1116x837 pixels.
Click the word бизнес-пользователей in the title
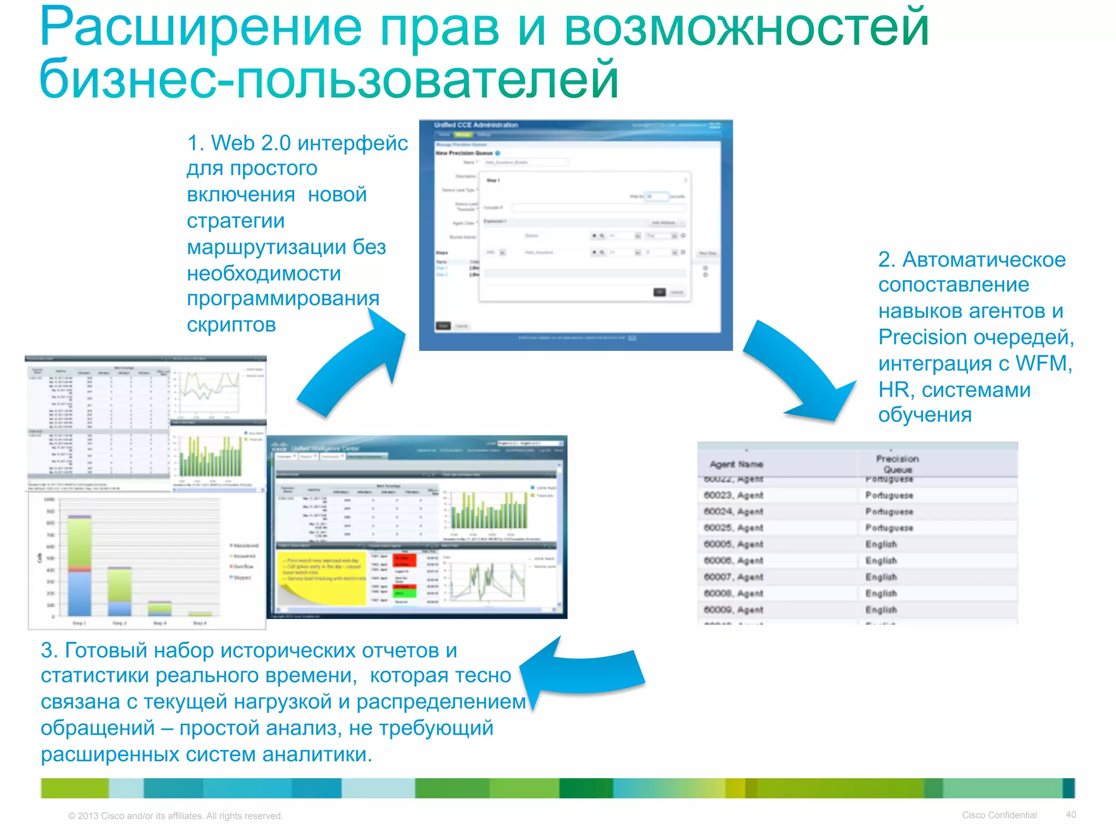click(x=329, y=80)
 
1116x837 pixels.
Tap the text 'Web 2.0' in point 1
click(x=251, y=143)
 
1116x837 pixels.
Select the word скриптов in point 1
click(x=231, y=325)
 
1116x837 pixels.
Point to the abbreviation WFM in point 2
click(x=1044, y=363)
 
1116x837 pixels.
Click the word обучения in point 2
click(x=925, y=415)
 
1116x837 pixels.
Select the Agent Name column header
click(x=736, y=464)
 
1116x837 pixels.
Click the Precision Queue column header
click(x=897, y=464)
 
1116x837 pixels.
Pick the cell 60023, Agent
click(x=733, y=495)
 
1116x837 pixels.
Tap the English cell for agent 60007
click(x=881, y=577)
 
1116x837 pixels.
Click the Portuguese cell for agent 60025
click(x=889, y=528)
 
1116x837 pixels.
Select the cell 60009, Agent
click(x=733, y=610)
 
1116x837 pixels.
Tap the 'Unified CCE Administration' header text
click(x=476, y=125)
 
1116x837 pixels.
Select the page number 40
click(x=1071, y=815)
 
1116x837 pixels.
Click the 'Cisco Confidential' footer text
click(x=999, y=815)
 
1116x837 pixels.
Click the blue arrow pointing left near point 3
click(x=583, y=673)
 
